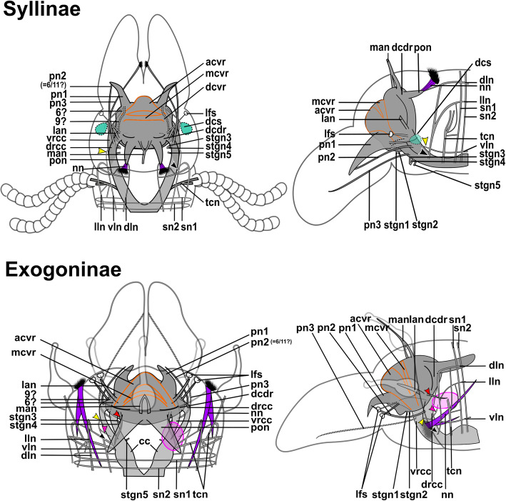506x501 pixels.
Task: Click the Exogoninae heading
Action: [66, 270]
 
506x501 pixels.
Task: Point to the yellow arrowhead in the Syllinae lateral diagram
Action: [426, 140]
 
